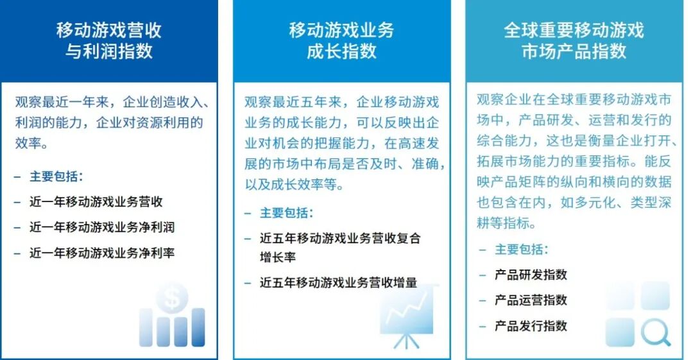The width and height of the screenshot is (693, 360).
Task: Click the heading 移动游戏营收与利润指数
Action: click(109, 40)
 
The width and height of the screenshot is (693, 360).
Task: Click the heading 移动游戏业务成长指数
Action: click(341, 40)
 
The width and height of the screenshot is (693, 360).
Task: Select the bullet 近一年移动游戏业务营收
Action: click(96, 201)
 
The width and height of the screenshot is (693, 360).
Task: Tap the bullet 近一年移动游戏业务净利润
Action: click(102, 227)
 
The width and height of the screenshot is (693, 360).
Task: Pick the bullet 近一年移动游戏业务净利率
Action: click(102, 253)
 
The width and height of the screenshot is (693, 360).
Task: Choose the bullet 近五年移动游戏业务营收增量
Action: click(338, 282)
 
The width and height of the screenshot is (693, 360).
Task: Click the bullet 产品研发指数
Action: click(531, 275)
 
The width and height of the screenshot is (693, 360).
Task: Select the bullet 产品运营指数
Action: click(531, 300)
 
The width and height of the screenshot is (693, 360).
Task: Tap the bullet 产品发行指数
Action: click(531, 326)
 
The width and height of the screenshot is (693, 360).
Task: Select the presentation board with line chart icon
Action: click(407, 315)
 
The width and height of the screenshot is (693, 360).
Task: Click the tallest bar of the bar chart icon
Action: click(198, 327)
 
